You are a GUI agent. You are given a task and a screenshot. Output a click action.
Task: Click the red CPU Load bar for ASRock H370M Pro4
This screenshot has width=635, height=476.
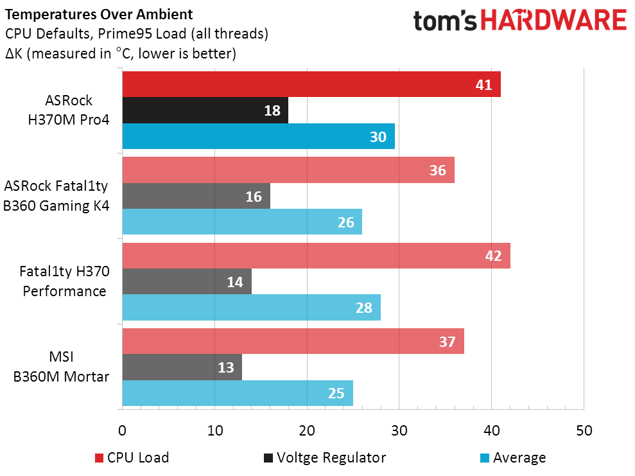pos(311,85)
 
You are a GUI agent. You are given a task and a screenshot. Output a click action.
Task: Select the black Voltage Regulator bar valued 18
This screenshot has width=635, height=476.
pos(205,110)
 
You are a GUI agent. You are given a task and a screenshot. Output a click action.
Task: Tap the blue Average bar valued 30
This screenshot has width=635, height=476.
pos(258,136)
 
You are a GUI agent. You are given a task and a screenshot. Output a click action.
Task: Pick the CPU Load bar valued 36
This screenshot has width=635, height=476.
pos(288,170)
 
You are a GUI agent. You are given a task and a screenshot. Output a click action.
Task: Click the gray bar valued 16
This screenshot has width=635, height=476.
pos(196,196)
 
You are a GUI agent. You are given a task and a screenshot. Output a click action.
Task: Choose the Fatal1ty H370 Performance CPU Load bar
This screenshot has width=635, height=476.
pos(316,256)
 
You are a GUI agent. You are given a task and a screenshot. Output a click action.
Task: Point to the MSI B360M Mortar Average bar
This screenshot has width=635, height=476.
pos(237,392)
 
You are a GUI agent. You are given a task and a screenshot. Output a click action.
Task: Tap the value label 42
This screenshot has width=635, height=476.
pos(493,256)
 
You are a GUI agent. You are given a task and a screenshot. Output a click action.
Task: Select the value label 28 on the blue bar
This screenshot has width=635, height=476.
pos(363,307)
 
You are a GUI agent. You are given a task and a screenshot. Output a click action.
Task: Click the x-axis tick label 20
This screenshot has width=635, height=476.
pos(306,430)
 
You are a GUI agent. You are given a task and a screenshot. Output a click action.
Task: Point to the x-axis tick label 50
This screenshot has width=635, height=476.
pos(583,430)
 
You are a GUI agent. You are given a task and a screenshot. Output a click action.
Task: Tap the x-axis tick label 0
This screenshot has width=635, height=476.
pos(122,430)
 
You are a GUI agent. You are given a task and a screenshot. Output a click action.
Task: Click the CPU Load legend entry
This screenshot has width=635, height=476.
pos(132,458)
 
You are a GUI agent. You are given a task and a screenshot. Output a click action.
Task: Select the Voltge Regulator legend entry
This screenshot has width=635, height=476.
pos(324,458)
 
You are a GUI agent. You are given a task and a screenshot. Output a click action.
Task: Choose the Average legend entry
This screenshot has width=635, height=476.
pos(513,458)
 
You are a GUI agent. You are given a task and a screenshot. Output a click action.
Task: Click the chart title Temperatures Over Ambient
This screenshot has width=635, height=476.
pos(98,13)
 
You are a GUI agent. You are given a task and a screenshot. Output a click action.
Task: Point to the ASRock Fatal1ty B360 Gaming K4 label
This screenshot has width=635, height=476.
pos(57,196)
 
